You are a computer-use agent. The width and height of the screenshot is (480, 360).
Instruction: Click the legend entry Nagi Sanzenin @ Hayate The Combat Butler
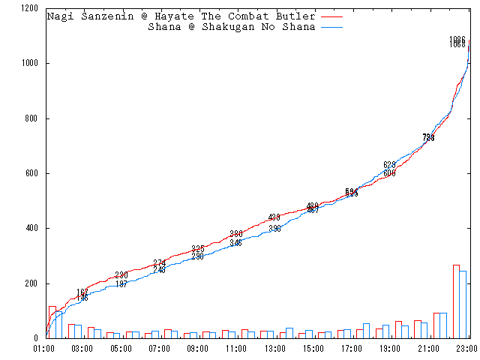181,16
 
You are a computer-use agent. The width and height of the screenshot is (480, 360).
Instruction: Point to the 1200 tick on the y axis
30,8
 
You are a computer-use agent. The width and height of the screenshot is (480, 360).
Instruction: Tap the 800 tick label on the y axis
32,118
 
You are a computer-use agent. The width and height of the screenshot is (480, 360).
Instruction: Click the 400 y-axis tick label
32,228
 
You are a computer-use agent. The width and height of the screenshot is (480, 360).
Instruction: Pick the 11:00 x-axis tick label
236,349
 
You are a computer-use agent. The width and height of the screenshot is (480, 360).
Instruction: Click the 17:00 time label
352,349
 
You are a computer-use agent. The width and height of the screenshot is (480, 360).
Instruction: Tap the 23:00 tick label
467,349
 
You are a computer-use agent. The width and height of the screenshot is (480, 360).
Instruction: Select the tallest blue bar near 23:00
463,304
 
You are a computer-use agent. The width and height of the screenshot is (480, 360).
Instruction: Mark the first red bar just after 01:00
52,322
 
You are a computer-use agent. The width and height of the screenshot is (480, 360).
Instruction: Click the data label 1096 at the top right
457,39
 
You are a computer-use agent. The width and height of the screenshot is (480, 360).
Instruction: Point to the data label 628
389,165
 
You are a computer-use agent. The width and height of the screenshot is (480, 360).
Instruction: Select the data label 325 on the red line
198,248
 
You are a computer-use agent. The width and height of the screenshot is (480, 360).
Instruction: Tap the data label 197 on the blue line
121,284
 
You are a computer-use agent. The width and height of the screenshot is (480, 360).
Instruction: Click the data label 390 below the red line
274,229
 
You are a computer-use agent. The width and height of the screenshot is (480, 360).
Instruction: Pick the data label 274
160,262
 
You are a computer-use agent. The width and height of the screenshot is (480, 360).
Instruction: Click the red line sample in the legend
331,16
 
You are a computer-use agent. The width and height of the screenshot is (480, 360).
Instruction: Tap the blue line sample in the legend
331,27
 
